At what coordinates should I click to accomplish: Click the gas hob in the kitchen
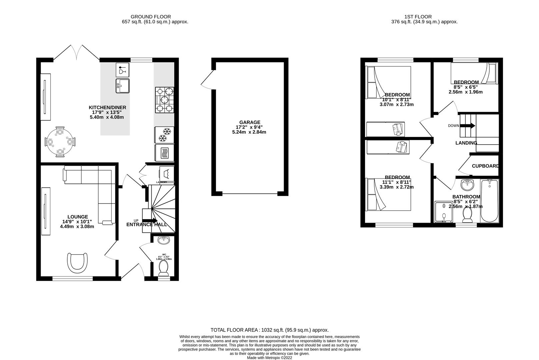tap(165, 99)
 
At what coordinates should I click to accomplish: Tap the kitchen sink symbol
tap(123, 86)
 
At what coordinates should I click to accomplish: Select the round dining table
tap(60, 142)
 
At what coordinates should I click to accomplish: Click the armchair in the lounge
tap(78, 262)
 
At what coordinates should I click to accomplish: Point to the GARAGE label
tap(249, 122)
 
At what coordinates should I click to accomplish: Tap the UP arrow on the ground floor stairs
tap(150, 221)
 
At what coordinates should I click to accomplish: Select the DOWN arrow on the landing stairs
tap(468, 126)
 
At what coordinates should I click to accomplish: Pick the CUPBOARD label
tap(485, 166)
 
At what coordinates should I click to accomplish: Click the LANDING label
tap(466, 143)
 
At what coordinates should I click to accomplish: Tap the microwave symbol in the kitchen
tap(164, 153)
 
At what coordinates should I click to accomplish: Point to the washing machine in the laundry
tap(166, 174)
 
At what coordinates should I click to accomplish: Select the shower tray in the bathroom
tap(443, 212)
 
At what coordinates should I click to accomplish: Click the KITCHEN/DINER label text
tap(107, 108)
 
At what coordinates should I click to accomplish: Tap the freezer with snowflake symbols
tap(164, 134)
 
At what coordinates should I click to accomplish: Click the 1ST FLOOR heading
tap(418, 17)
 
